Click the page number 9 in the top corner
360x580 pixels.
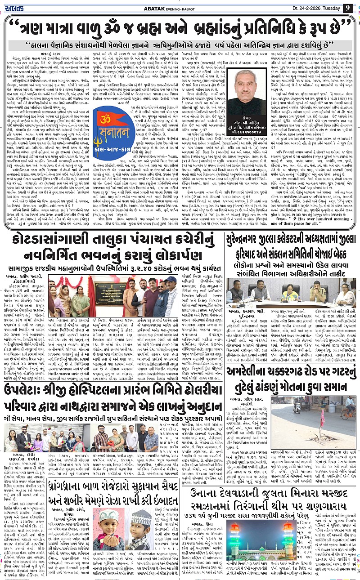pos(348,7)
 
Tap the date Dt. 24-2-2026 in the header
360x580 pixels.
pos(309,8)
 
